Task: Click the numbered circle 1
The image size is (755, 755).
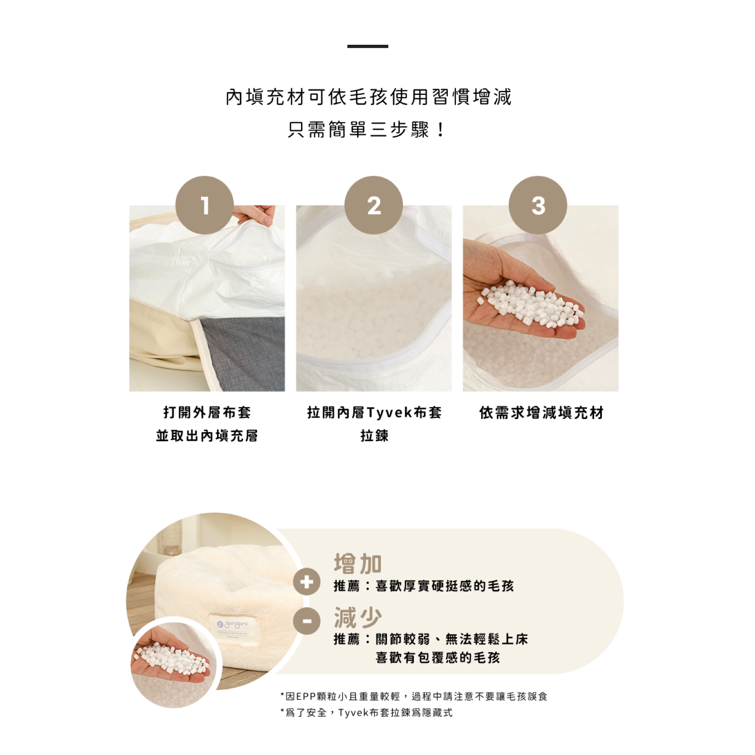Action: point(204,205)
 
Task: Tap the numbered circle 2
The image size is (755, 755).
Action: point(374,205)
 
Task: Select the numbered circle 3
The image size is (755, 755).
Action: point(538,205)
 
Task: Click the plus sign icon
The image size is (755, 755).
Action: point(307,582)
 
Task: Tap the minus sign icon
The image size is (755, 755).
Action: point(307,621)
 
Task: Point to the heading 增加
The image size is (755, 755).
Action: point(358,563)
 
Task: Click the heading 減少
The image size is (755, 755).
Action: point(358,617)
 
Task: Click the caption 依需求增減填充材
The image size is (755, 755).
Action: point(541,413)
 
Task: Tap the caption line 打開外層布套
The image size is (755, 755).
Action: point(207,413)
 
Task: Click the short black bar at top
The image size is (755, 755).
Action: point(368,46)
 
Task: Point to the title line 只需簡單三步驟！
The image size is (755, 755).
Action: point(368,129)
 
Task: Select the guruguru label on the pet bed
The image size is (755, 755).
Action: point(232,626)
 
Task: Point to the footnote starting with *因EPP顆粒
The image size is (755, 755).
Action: point(414,696)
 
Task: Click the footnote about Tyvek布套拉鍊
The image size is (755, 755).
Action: point(367,713)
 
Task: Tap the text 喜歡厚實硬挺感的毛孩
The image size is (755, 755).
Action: point(445,586)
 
